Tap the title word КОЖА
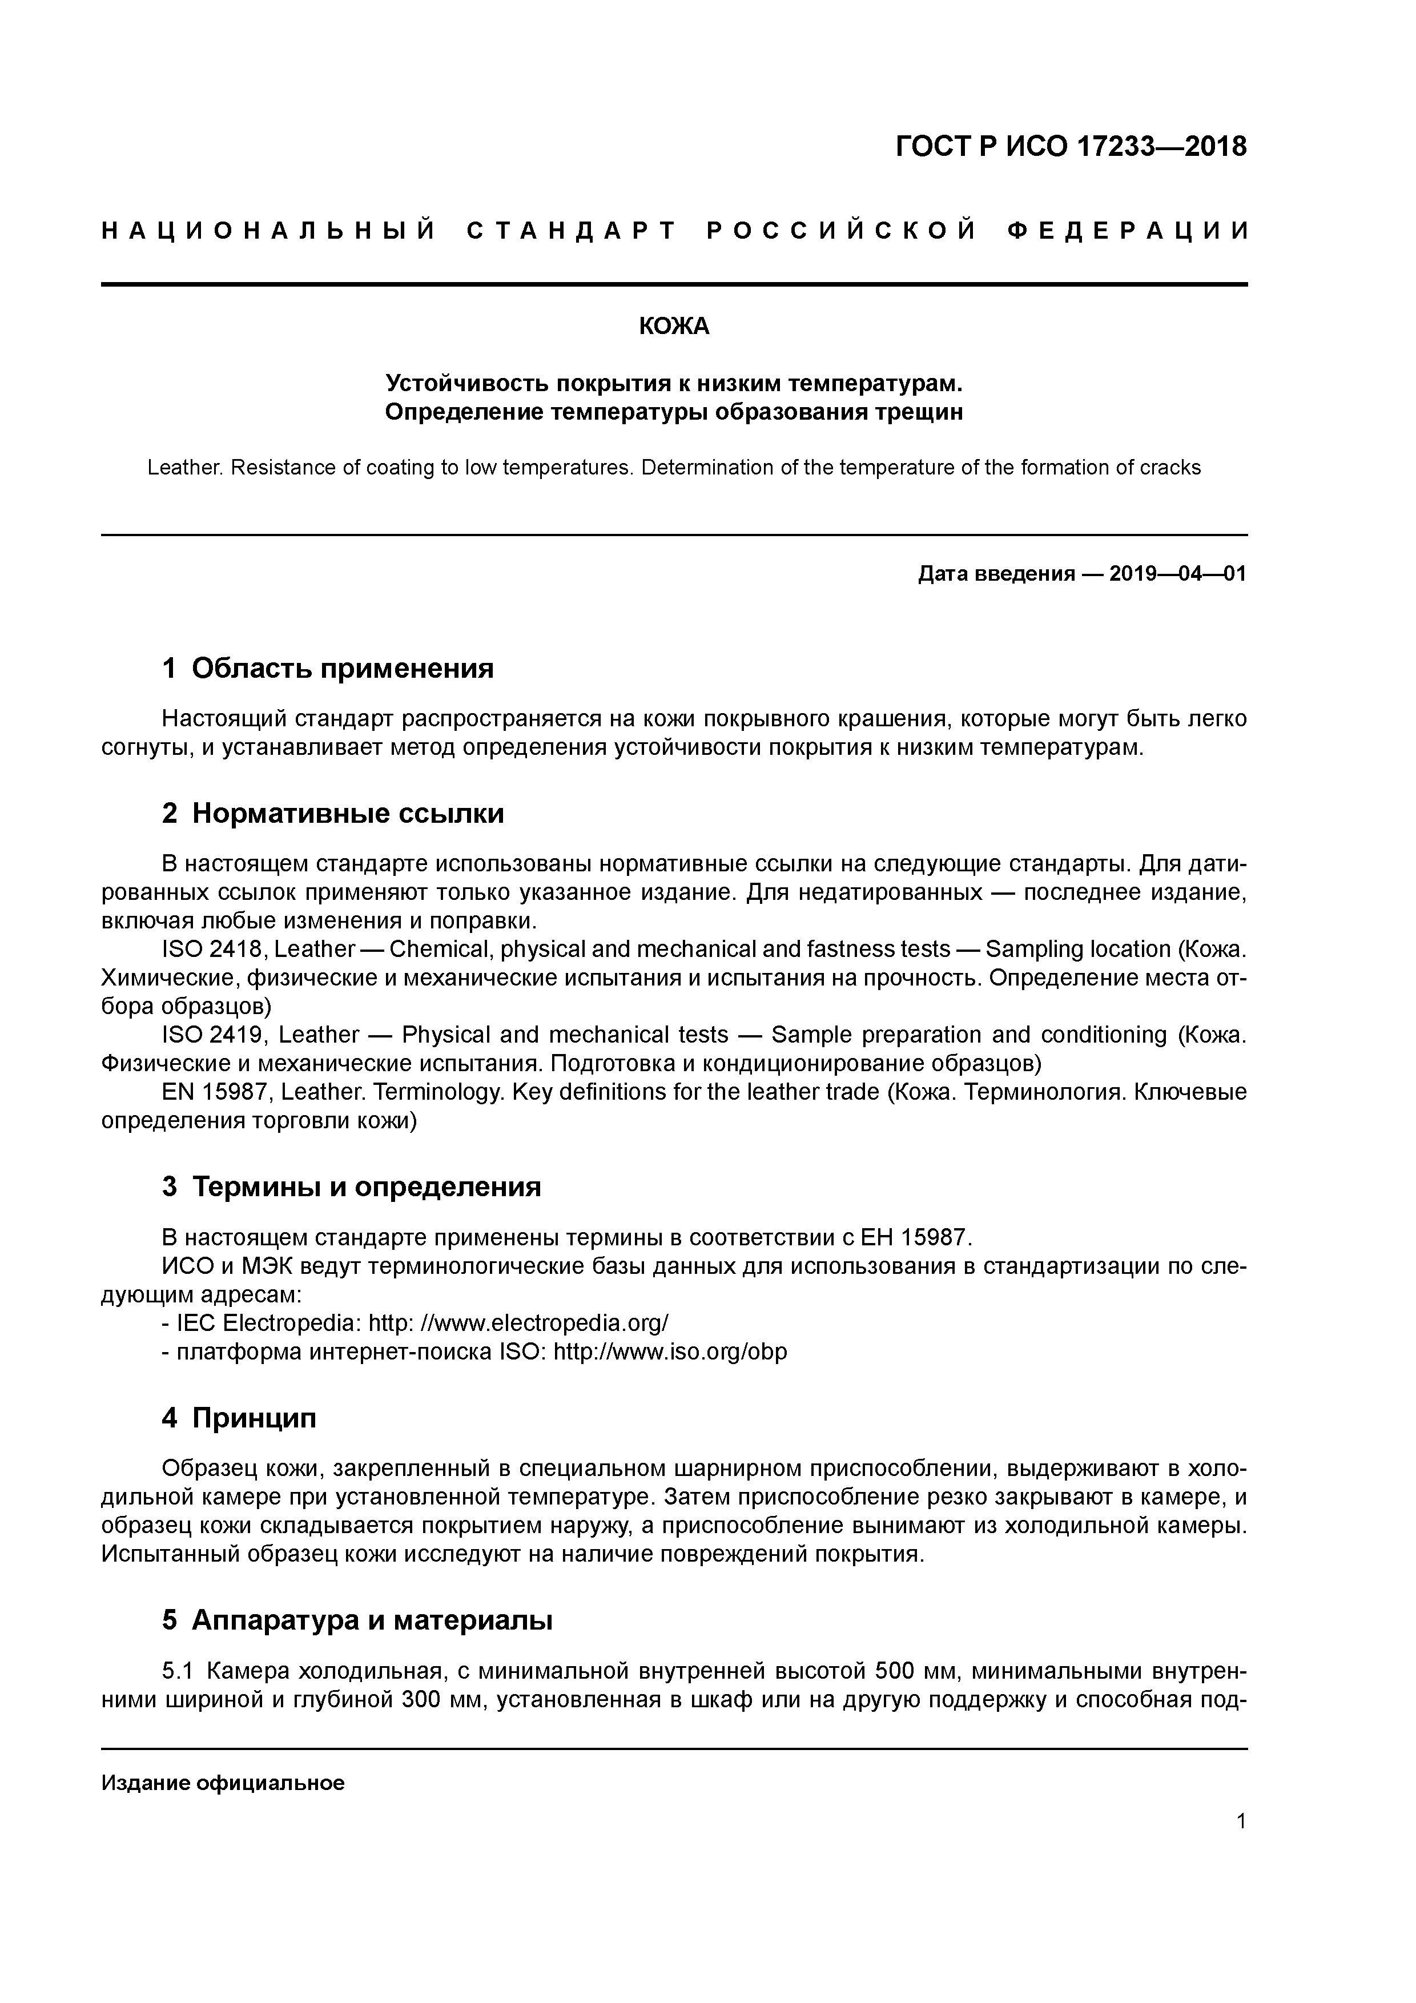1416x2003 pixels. pyautogui.click(x=674, y=326)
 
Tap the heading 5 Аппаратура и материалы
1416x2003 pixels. pyautogui.click(x=357, y=1620)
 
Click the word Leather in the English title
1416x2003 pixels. pyautogui.click(x=183, y=468)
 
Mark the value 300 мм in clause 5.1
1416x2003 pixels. pyautogui.click(x=443, y=1700)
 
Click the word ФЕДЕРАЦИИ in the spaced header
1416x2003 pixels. pyautogui.click(x=1127, y=231)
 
